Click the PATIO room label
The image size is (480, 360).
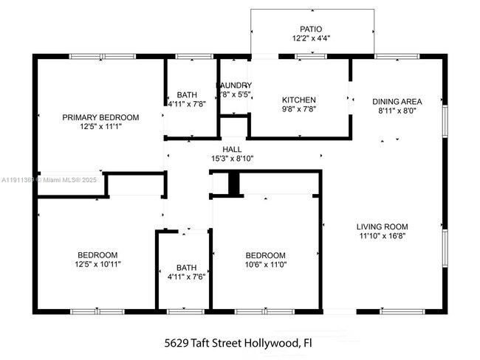point(312,29)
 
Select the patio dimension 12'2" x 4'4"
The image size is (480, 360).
point(312,38)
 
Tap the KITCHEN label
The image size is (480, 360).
point(299,100)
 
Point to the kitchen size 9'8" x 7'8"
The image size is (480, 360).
point(299,109)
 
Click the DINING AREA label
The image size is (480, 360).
point(397,102)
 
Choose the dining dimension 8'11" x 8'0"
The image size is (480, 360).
point(397,111)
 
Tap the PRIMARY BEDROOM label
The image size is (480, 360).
point(100,117)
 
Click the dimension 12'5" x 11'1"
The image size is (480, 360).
point(100,127)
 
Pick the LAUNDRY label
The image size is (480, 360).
point(234,86)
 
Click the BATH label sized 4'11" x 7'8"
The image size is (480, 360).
point(187,94)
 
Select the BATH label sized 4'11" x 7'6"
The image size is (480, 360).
point(186,268)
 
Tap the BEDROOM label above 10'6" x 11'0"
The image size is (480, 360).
point(265,255)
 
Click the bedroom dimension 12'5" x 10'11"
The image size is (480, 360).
point(97,264)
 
